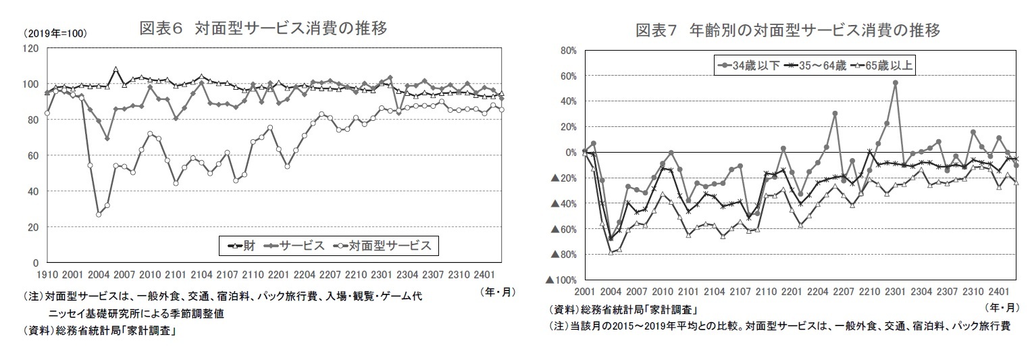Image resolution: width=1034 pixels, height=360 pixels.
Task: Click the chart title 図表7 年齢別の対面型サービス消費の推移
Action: (788, 31)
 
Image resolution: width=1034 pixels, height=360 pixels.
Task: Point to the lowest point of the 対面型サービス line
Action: (99, 214)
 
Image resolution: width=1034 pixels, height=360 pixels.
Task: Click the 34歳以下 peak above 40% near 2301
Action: (895, 83)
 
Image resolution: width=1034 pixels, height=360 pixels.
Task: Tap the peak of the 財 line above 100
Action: (116, 69)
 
